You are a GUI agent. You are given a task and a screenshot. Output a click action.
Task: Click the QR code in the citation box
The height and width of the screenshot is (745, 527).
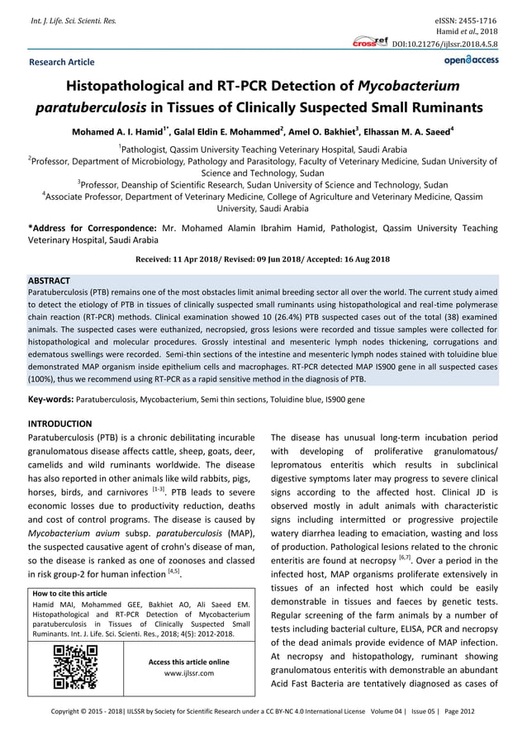[x=75, y=667]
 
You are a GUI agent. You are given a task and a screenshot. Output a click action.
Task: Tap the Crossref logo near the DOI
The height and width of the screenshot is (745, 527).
[x=370, y=41]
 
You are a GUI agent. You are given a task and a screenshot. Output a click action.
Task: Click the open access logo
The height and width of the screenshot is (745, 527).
[x=471, y=60]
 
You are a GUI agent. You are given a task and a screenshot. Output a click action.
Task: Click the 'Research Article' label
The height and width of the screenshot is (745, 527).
[x=62, y=62]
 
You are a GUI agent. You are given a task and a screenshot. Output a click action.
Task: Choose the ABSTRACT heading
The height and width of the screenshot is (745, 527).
[x=49, y=281]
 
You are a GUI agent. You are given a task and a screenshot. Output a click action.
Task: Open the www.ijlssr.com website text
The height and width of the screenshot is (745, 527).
[x=189, y=673]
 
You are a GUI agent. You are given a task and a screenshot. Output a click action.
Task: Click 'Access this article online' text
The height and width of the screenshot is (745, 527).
[x=189, y=662]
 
